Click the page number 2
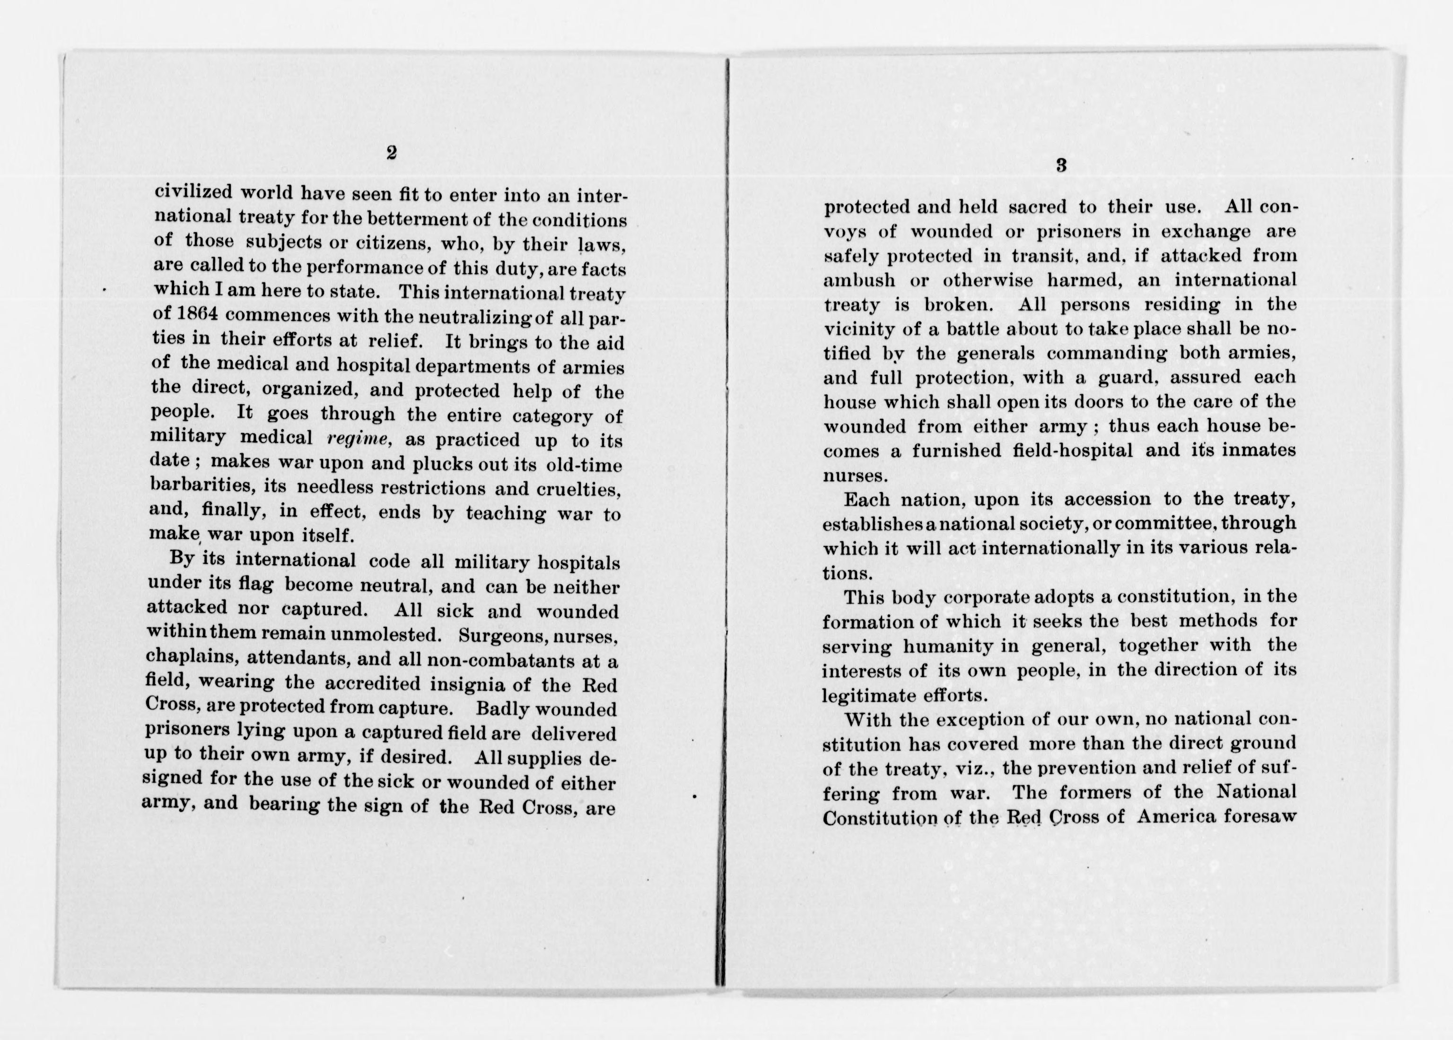[x=392, y=153]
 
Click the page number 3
[x=1061, y=166]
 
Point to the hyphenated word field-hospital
[x=1023, y=450]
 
